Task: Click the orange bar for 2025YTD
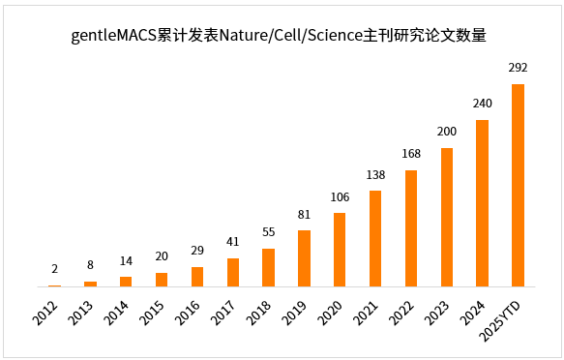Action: (x=518, y=185)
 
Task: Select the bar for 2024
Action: (x=482, y=203)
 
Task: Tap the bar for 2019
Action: (x=304, y=258)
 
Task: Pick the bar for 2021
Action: (x=375, y=238)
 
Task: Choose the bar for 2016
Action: (x=197, y=277)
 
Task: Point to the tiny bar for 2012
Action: (x=54, y=285)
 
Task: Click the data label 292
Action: (x=518, y=69)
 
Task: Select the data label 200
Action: (x=446, y=132)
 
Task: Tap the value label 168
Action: (x=410, y=154)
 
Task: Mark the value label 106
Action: (x=340, y=196)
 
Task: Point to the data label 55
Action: (x=268, y=232)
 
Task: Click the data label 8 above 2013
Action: (x=90, y=264)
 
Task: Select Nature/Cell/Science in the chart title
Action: (x=289, y=37)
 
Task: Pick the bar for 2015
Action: (x=162, y=280)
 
